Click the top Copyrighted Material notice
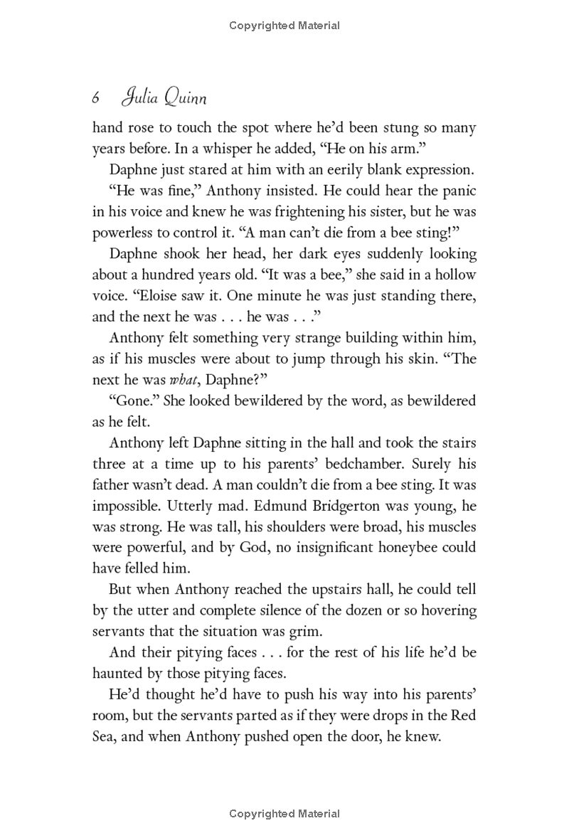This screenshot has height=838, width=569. [x=284, y=26]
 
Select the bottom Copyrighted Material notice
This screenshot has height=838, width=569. [x=284, y=813]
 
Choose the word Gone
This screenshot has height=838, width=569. [x=135, y=401]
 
